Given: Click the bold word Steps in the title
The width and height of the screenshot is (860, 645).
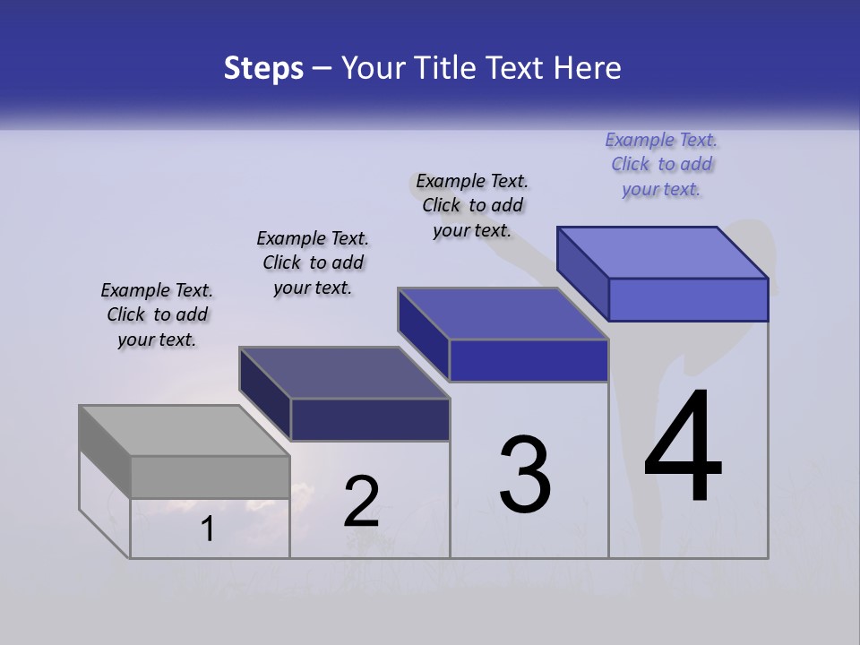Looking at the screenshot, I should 263,68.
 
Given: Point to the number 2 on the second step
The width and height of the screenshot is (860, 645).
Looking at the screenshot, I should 362,502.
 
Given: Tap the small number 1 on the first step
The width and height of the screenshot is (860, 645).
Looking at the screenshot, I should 208,529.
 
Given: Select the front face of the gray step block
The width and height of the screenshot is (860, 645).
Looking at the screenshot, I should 210,477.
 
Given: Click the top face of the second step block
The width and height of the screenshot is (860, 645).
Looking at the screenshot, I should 344,373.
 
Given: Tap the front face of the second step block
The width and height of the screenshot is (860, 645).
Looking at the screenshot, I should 370,419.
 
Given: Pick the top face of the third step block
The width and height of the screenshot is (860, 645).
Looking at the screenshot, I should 503,314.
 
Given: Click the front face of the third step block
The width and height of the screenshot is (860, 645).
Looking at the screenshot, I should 529,360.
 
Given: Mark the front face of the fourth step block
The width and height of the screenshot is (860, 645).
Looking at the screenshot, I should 688,299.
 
